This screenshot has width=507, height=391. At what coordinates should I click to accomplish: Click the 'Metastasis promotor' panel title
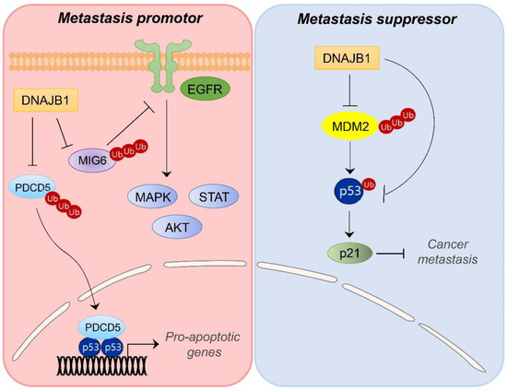127,18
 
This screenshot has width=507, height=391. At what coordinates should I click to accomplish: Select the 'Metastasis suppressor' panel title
380,18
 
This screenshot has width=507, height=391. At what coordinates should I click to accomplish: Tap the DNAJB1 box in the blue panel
346,60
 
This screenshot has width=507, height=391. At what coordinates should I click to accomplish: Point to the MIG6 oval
89,159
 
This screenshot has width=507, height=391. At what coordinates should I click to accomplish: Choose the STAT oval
213,195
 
